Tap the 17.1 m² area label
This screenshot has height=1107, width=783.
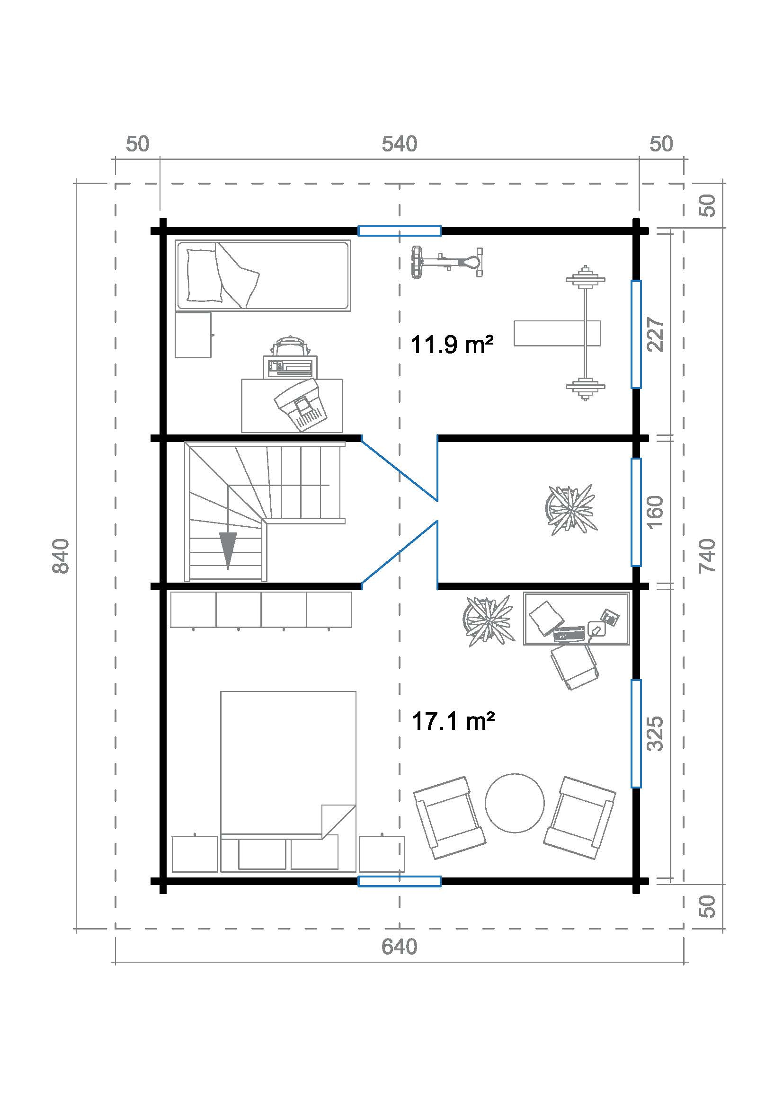453,721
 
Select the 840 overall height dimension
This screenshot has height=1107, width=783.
61,556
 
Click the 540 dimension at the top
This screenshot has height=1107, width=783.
399,144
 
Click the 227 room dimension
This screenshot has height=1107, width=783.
656,334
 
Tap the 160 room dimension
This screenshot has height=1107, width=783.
656,512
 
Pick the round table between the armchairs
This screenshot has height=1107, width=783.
515,803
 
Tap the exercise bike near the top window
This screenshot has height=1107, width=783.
447,262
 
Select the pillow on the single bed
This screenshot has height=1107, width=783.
204,275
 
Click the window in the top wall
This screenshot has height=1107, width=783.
399,231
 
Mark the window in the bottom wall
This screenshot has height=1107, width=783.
399,881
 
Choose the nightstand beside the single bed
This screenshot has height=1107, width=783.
193,335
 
